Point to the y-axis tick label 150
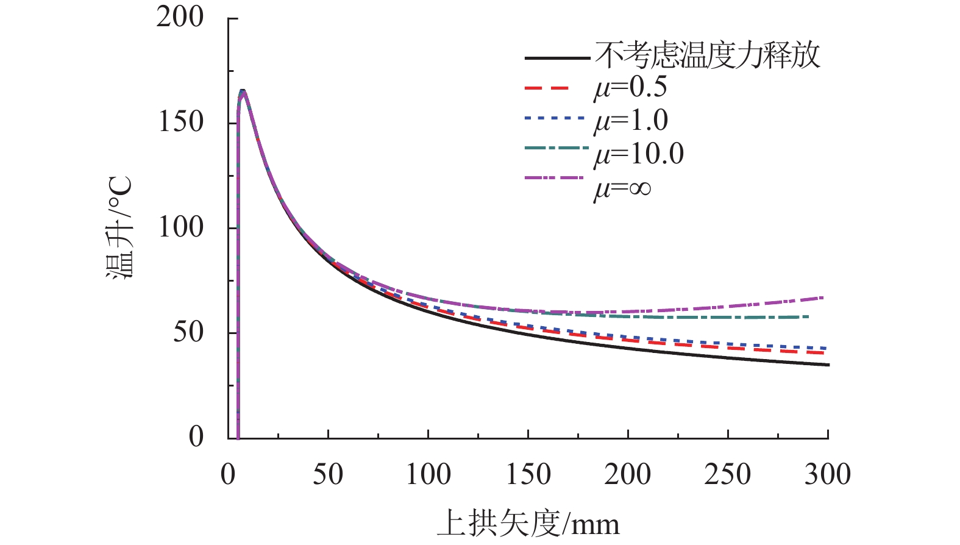[x=180, y=122]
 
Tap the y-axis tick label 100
[x=180, y=227]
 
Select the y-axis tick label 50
[x=188, y=332]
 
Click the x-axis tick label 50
[x=328, y=474]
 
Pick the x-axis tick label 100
[x=428, y=474]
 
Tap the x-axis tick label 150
[x=528, y=474]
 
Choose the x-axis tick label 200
[x=628, y=474]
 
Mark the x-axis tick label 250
[x=728, y=474]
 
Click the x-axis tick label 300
[x=827, y=474]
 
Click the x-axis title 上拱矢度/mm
[x=528, y=523]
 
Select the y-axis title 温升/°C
[x=119, y=227]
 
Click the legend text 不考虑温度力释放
[x=707, y=55]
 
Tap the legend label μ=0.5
[x=630, y=88]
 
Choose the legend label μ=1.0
[x=631, y=121]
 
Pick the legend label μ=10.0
[x=639, y=154]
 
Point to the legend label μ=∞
[x=622, y=188]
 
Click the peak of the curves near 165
[x=243, y=91]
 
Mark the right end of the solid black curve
[x=828, y=365]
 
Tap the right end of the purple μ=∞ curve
[x=823, y=297]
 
